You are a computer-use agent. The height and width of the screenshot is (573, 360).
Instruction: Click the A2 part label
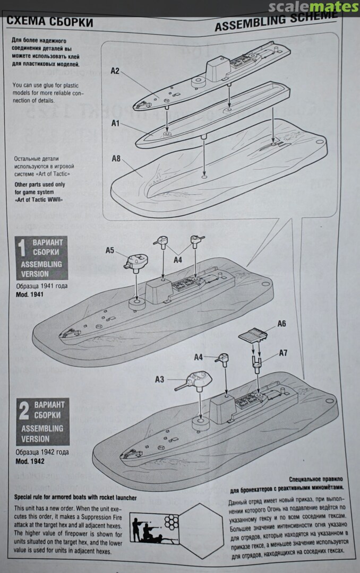[x=115, y=71]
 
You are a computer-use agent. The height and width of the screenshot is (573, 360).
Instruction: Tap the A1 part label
[x=115, y=123]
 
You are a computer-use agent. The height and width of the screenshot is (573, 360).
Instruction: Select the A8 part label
[x=116, y=158]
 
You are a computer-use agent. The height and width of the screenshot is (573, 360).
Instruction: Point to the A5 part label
[x=110, y=250]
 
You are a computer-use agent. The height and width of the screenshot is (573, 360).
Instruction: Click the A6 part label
[x=281, y=324]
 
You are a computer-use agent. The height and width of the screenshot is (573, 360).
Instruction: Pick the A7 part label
[x=283, y=353]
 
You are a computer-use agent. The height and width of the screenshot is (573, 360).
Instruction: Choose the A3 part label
[x=159, y=379]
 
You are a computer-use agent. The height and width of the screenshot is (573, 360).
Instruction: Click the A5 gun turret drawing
[x=136, y=263]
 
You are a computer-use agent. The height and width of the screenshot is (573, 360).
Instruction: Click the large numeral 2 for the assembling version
[x=24, y=411]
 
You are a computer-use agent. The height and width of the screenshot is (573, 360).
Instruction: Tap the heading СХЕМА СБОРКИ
[x=50, y=22]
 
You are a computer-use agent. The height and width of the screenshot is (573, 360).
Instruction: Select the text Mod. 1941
[x=30, y=294]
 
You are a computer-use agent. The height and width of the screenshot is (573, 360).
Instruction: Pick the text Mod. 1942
[x=30, y=461]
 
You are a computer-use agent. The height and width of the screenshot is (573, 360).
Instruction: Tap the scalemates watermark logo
[x=313, y=7]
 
